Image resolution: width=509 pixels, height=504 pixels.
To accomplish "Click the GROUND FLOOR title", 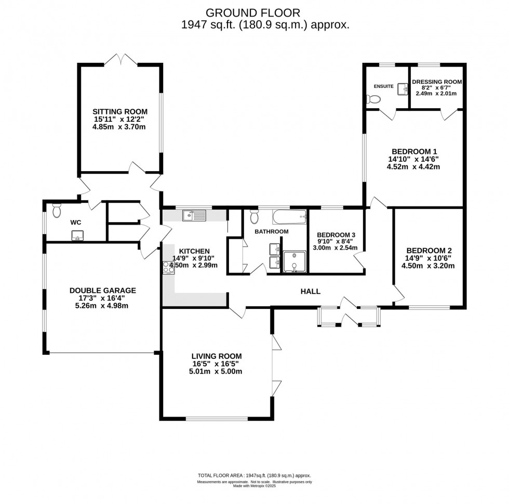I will click(x=252, y=12).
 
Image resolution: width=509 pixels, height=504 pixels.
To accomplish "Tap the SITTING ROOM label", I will click(x=120, y=111).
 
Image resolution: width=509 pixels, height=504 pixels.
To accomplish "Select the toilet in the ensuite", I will click(x=373, y=99).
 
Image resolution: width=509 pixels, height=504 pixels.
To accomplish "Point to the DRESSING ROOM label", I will click(x=436, y=82).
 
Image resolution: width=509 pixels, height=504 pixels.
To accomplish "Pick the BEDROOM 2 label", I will click(x=428, y=250).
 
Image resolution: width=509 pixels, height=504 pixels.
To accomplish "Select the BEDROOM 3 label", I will click(x=336, y=235).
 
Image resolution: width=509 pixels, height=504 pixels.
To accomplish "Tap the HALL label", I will click(x=310, y=291).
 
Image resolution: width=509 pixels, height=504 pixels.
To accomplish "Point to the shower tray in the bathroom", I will click(x=294, y=262).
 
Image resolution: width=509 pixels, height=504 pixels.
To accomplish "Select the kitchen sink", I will click(x=194, y=214).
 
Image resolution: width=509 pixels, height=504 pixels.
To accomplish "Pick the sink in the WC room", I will click(x=77, y=236).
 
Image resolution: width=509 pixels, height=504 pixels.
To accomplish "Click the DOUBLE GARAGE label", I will click(x=103, y=290).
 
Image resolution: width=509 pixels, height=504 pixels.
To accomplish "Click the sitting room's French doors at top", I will click(x=120, y=59).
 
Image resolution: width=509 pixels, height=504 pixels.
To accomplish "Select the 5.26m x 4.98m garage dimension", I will click(x=103, y=306).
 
